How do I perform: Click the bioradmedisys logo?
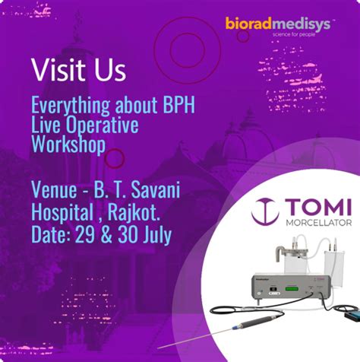click(279, 24)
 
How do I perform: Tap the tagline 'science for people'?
click(294, 34)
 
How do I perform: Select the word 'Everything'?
click(71, 105)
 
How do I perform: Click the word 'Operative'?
click(103, 125)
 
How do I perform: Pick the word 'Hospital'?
click(62, 212)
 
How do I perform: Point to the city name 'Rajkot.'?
click(134, 212)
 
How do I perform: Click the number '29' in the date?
click(85, 234)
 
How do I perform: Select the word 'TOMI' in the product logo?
click(318, 207)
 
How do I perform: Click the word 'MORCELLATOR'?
click(319, 223)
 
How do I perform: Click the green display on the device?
click(292, 288)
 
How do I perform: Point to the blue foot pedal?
click(352, 314)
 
